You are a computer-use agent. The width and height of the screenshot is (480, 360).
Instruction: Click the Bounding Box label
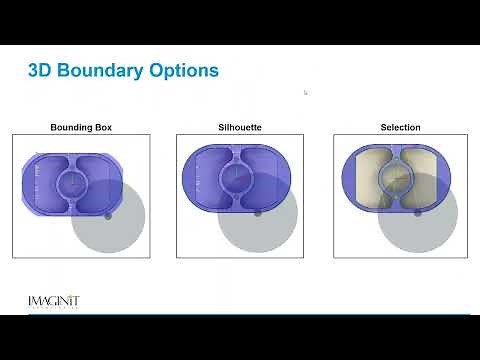tap(80, 128)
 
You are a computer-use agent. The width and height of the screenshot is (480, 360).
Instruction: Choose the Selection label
tap(400, 128)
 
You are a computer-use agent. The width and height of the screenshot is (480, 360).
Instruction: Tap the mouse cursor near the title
tap(305, 92)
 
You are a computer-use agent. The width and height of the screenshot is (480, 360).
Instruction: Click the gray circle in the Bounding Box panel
tap(114, 225)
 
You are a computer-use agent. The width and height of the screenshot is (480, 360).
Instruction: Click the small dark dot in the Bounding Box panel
tap(108, 214)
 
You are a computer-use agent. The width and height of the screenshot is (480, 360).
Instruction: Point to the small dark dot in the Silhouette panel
tap(258, 212)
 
